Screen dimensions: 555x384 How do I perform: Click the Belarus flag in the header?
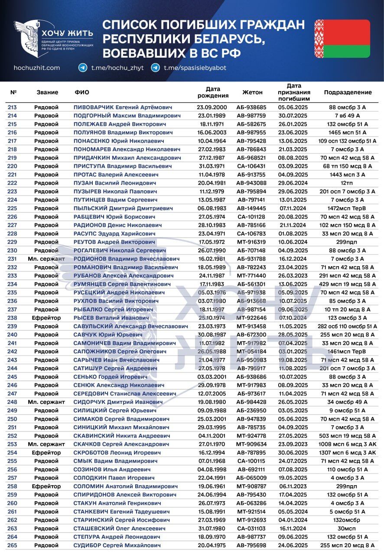point(342,39)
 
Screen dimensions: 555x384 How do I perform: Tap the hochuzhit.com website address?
point(37,68)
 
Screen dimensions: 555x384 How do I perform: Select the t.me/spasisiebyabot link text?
point(195,68)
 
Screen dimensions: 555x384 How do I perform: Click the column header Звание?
point(47,92)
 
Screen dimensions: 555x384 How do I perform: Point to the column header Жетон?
point(252,92)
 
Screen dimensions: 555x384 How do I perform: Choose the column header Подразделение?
point(348,92)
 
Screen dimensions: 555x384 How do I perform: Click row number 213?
point(12,107)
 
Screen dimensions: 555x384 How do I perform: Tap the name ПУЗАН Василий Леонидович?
point(114,183)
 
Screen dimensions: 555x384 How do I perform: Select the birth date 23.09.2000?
point(212,107)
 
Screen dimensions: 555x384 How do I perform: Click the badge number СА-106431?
point(251,166)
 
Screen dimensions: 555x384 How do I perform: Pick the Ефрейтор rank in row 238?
point(46,318)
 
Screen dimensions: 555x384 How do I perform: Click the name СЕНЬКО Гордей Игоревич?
point(110,377)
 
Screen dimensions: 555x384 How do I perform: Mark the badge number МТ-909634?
point(251,444)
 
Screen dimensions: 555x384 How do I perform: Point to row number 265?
point(12,545)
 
